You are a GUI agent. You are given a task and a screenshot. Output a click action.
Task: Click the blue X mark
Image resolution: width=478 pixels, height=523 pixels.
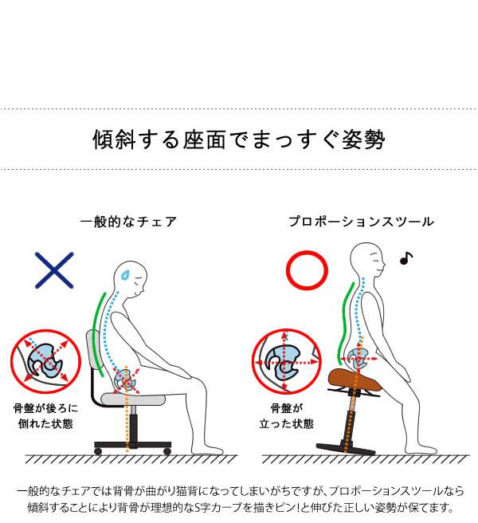[54, 270]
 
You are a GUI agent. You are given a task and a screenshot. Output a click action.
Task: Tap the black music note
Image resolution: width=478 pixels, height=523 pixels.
[406, 258]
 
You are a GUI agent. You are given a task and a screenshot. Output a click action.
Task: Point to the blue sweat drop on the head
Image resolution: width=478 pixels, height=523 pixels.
[125, 275]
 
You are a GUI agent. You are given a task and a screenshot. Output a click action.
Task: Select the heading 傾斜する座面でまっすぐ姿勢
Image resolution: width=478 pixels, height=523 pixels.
[239, 140]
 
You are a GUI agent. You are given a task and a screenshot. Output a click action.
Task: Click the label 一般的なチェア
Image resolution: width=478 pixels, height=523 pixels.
[128, 222]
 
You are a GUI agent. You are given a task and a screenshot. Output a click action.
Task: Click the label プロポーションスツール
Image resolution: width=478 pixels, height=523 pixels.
[362, 222]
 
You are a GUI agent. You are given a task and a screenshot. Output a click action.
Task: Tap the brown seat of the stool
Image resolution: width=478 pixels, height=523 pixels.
[355, 380]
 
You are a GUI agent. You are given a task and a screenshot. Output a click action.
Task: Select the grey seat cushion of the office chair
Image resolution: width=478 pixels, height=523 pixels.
[133, 399]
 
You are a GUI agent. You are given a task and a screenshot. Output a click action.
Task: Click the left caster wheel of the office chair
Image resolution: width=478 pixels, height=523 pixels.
[98, 451]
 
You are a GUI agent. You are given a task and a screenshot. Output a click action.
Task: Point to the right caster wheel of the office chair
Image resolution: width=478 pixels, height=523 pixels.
[167, 451]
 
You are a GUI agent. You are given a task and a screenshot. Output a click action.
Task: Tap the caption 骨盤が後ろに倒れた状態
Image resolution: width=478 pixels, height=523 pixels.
[45, 416]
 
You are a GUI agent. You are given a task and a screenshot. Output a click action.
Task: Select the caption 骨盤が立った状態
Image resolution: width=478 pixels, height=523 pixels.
[287, 416]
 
